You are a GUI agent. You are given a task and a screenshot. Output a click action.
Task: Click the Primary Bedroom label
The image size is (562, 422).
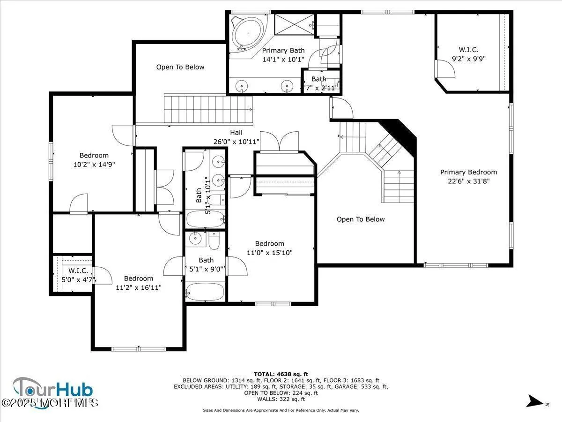[468, 172]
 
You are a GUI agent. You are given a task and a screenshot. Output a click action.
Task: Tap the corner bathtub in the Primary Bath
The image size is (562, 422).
[248, 33]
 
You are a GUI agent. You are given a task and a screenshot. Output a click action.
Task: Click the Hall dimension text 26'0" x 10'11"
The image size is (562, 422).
[237, 141]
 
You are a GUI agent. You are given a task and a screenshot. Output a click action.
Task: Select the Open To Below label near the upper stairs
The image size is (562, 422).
[180, 67]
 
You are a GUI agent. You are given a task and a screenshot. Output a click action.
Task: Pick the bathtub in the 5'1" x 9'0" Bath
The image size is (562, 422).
[206, 292]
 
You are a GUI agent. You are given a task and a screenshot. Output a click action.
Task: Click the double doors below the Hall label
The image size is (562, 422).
[279, 142]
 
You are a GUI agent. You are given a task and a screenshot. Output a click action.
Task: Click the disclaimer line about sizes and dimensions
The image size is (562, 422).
[281, 410]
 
